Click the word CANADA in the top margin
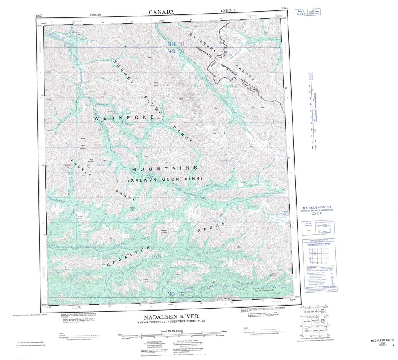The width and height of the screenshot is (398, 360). click(x=161, y=12)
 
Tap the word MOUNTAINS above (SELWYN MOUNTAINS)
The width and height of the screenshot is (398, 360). click(x=166, y=169)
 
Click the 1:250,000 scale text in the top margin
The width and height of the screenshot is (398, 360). click(x=95, y=14)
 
